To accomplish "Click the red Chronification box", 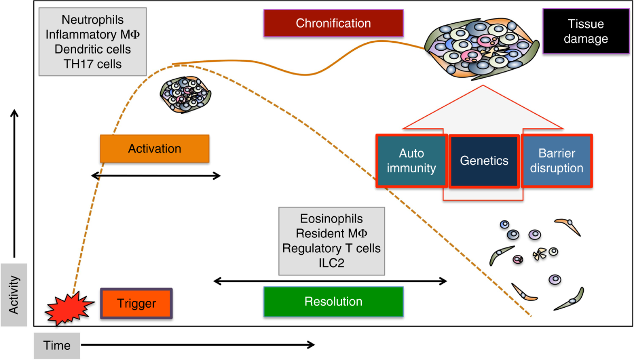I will click(x=333, y=23).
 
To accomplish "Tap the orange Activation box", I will click(x=155, y=149).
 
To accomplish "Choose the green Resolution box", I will click(x=333, y=302).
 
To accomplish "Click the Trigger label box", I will click(x=137, y=303).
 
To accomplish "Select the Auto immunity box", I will click(x=412, y=161).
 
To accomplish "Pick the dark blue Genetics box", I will click(x=483, y=161).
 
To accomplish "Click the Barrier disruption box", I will click(x=557, y=161).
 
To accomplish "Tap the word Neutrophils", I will click(x=92, y=20).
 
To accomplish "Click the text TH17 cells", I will click(x=92, y=64).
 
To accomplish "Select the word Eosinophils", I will click(x=331, y=219).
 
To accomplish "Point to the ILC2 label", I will click(x=331, y=263).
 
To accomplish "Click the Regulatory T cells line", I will click(x=331, y=248).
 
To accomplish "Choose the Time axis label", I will click(x=57, y=346).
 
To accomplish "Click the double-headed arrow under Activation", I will click(x=156, y=176).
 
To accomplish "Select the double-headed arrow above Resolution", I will click(x=330, y=281).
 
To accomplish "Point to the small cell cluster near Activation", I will click(x=185, y=95).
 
